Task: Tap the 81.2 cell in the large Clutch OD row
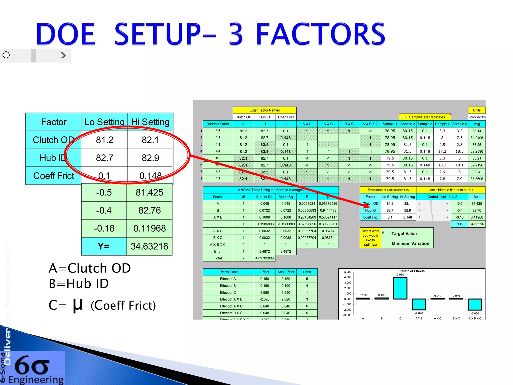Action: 104,140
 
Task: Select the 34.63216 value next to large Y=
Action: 149,246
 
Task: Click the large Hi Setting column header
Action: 150,122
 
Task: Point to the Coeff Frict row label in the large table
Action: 54,176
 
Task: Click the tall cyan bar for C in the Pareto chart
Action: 400,288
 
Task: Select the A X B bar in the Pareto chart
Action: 419,304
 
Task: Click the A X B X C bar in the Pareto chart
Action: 475,304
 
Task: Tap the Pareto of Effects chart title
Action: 412,271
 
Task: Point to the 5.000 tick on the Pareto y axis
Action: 348,272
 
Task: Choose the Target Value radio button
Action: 383,233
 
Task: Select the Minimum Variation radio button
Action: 383,243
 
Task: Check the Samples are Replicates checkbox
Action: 404,117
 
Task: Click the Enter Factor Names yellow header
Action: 265,110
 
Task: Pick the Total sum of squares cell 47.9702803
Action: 265,258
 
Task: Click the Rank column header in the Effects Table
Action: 307,272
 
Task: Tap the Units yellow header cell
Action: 477,110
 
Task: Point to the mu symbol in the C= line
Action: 78,306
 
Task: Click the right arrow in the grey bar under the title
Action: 63,55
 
